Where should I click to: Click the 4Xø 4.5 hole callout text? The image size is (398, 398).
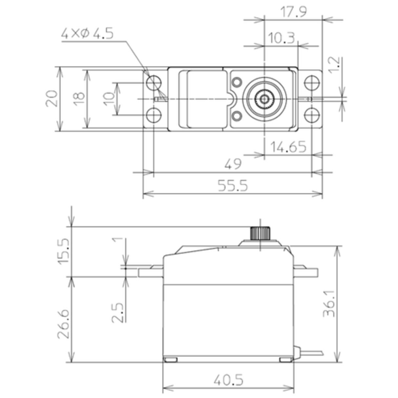coord(87,33)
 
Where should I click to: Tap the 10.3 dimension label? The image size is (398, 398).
coord(281,38)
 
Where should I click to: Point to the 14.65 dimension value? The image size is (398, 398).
coord(288,147)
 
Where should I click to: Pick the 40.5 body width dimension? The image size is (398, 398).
coord(228,380)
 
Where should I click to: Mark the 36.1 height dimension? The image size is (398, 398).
coord(329,303)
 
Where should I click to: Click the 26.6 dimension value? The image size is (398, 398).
coord(64,324)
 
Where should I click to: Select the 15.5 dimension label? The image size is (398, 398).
coord(64,251)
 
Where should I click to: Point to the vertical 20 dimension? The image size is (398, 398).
coord(52,98)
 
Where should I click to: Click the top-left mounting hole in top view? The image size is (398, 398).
coord(153,82)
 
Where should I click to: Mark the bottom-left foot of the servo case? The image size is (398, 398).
coord(170,360)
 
